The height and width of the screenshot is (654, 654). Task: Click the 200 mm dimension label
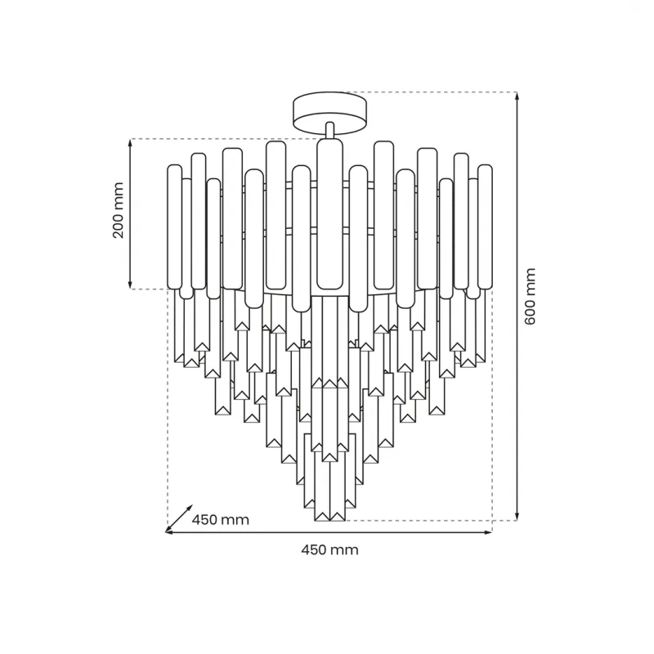[x=119, y=210]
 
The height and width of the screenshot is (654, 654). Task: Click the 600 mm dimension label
[x=530, y=297]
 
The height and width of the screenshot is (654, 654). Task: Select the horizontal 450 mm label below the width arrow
[x=329, y=549]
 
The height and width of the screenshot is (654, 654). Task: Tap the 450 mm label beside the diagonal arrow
[x=220, y=520]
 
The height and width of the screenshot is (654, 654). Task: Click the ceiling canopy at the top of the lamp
[x=329, y=114]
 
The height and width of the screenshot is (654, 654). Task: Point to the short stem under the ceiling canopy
[x=329, y=130]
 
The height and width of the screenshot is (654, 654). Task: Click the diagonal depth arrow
[x=179, y=518]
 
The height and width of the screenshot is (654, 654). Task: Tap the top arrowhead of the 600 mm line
[x=517, y=96]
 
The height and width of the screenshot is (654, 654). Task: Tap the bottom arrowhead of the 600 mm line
[x=517, y=517]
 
